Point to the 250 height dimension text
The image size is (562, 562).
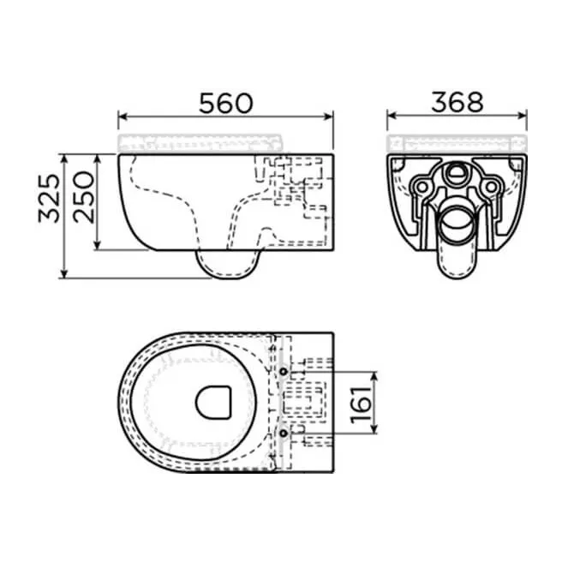pos(84,198)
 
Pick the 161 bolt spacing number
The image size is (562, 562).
pos(362,403)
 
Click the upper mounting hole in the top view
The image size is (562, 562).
pos(284,372)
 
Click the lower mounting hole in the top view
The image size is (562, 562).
pos(284,434)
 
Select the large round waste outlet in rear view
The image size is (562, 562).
pos(456,225)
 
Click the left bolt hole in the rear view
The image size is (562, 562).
pos(421,186)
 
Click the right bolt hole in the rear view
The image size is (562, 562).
pos(491,186)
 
